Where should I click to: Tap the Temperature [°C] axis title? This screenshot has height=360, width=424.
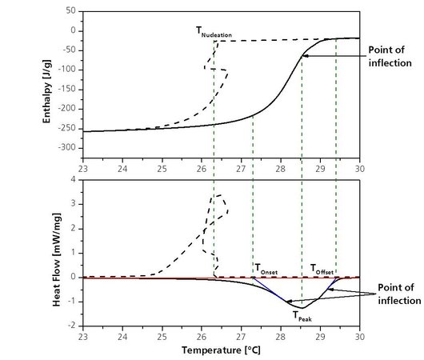point(222,350)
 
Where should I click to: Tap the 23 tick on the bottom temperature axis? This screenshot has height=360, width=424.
point(83,337)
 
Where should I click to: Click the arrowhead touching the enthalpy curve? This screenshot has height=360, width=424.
point(305,55)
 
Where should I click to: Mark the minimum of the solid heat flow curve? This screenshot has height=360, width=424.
point(301,307)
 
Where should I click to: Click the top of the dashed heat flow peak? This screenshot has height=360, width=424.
point(218,194)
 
